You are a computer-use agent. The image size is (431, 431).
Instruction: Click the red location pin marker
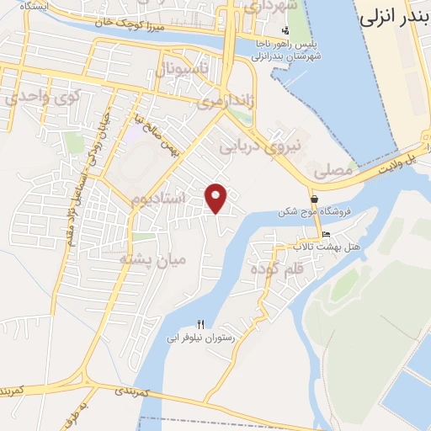click(x=217, y=197)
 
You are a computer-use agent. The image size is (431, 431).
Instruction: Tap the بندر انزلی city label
click(x=395, y=16)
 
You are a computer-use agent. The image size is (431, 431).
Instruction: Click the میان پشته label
click(x=152, y=259)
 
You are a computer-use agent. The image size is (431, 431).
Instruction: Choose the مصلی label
click(x=333, y=170)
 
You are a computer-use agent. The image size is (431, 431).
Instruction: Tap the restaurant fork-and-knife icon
click(x=200, y=324)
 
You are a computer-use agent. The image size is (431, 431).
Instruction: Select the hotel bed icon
click(x=326, y=235)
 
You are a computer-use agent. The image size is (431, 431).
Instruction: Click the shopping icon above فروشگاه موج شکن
click(x=313, y=200)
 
